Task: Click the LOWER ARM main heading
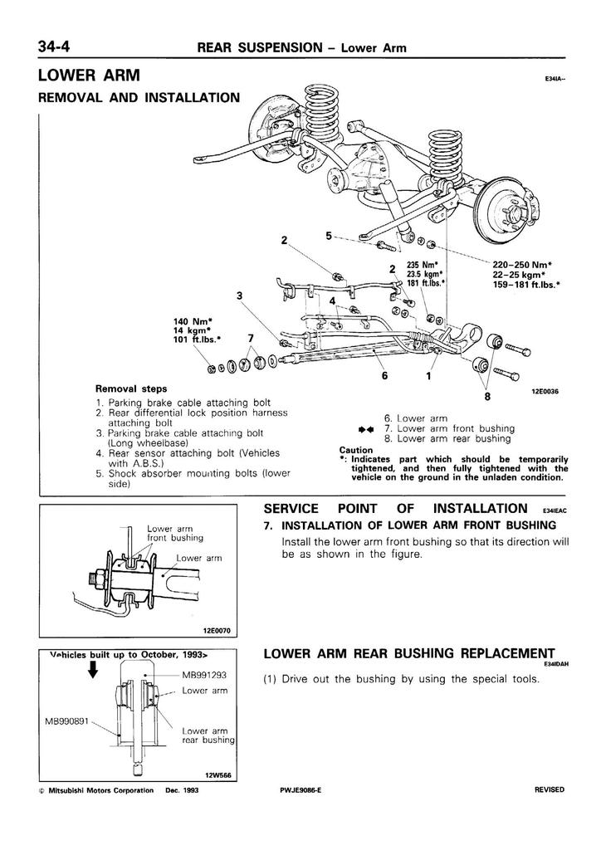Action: (89, 76)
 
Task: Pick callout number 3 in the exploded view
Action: (239, 296)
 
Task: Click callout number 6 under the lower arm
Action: (385, 375)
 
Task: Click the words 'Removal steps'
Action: (131, 388)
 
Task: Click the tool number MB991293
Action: (204, 676)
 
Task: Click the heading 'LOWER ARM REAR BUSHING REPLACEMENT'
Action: (406, 652)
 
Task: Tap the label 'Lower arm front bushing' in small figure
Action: (171, 533)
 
